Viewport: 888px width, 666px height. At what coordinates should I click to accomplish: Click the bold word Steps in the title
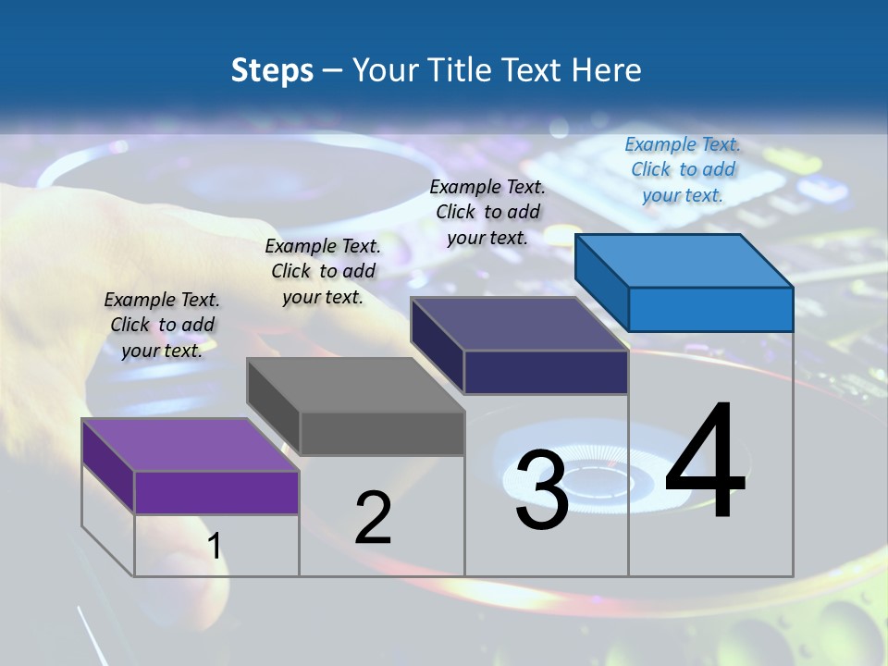(x=272, y=70)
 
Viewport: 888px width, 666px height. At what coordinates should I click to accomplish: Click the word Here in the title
(x=608, y=70)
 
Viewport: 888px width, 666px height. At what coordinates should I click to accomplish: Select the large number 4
(x=705, y=462)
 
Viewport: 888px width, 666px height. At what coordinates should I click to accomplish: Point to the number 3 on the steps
(x=542, y=490)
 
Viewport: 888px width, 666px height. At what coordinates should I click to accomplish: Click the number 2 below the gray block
(x=373, y=518)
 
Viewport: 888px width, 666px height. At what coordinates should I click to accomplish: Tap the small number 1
(x=215, y=547)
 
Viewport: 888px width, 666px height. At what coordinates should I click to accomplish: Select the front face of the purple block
(x=216, y=492)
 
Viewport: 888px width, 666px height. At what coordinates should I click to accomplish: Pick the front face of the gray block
(x=381, y=433)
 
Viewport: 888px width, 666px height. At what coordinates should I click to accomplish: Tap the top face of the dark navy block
(x=519, y=324)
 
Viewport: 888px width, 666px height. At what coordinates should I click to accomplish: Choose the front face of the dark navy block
(x=546, y=372)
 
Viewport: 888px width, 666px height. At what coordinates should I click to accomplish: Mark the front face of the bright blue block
(x=710, y=309)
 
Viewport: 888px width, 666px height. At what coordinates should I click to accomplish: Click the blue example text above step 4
(x=683, y=170)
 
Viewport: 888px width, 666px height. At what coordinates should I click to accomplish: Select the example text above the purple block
(x=162, y=325)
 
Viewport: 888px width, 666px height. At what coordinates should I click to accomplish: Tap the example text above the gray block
(x=323, y=271)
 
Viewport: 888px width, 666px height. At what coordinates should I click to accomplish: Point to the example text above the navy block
(x=487, y=212)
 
